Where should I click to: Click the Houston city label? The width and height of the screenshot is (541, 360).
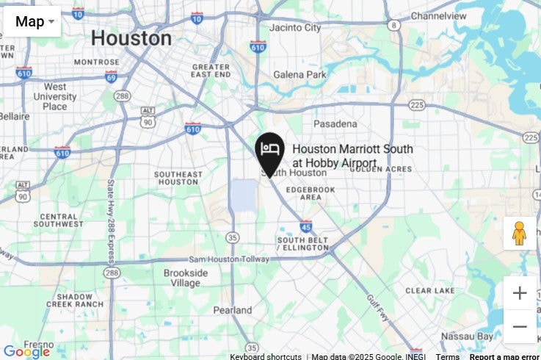coord(131,38)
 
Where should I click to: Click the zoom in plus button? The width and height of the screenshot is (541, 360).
coord(520,293)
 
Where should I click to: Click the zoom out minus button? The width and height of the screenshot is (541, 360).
coord(520,326)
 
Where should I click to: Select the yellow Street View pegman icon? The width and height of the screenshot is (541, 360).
coord(519,233)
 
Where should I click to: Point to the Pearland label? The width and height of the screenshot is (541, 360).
coord(232,310)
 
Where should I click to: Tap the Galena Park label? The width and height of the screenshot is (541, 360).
coord(299,75)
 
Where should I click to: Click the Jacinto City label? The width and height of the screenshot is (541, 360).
coord(295,28)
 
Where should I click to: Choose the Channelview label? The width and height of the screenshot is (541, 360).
coord(438,15)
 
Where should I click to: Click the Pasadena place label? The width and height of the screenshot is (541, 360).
coord(335,124)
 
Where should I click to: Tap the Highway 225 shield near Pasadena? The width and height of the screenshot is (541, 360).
coord(417,105)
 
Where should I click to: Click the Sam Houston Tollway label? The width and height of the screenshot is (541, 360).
coord(228,259)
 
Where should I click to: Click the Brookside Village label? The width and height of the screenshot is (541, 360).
coord(185,278)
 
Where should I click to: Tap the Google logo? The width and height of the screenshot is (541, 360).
coord(26,351)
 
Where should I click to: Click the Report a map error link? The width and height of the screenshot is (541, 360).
coord(504,357)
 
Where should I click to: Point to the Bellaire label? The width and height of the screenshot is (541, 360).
coord(14,116)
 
